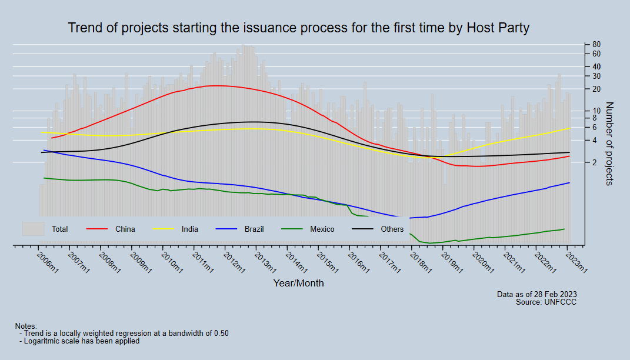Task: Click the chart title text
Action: click(299, 28)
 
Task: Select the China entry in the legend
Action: click(125, 229)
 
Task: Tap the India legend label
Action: click(190, 229)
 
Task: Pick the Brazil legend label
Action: click(254, 229)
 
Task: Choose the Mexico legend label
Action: click(322, 229)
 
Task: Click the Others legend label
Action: click(392, 229)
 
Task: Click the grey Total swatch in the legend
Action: click(34, 229)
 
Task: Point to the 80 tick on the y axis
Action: click(596, 45)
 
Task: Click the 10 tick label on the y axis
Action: click(596, 111)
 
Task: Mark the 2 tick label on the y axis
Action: click(594, 162)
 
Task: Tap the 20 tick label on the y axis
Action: click(596, 89)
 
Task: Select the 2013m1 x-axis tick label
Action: click(265, 262)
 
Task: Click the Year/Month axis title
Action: click(298, 283)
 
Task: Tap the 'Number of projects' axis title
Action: click(609, 144)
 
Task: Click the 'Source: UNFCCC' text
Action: click(546, 302)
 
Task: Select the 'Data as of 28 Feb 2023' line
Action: click(536, 294)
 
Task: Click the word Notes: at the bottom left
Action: click(26, 326)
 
